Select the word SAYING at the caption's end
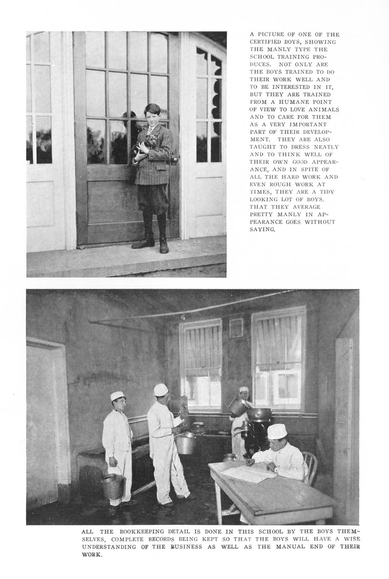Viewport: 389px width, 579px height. pos(262,230)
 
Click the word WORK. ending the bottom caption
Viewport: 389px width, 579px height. pos(92,554)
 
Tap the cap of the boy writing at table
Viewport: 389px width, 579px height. pos(277,431)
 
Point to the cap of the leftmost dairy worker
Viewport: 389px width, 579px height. pos(116,396)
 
